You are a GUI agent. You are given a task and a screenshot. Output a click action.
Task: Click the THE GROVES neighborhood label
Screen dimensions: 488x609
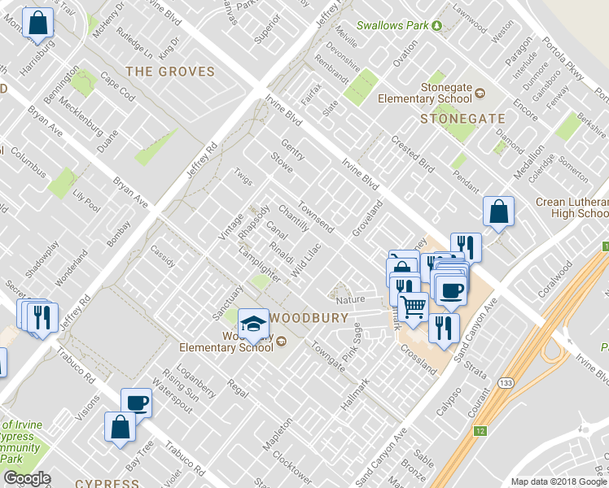tap(170, 72)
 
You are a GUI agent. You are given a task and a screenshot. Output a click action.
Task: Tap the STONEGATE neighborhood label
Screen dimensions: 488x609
tap(462, 119)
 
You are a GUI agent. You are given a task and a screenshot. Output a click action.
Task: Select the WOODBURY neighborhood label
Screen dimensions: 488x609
tap(309, 318)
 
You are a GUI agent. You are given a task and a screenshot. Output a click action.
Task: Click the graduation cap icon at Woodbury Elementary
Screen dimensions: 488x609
tap(254, 325)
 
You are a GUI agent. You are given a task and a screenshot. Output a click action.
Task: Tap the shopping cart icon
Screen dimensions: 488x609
tap(414, 307)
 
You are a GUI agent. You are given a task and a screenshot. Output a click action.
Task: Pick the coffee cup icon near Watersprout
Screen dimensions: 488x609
tap(136, 402)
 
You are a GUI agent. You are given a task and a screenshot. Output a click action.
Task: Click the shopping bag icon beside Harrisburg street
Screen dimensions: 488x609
tap(37, 23)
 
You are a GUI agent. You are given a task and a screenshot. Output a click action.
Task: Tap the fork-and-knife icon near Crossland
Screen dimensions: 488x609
tap(444, 326)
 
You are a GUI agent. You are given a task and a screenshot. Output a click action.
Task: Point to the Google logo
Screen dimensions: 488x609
tap(27, 479)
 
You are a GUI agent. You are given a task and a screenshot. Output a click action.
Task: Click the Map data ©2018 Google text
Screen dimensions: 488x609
tap(558, 481)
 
